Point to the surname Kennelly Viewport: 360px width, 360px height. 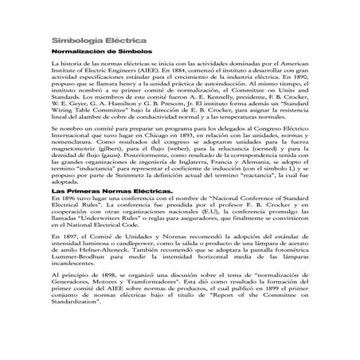(x=213, y=97)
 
